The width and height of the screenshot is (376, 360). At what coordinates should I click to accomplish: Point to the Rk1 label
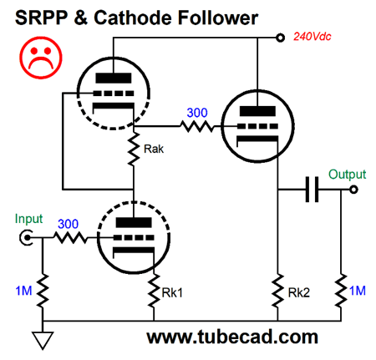pyautogui.click(x=170, y=294)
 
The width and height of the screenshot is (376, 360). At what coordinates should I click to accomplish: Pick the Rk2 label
pyautogui.click(x=297, y=294)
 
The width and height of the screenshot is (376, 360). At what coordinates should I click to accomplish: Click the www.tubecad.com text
pyautogui.click(x=232, y=337)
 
